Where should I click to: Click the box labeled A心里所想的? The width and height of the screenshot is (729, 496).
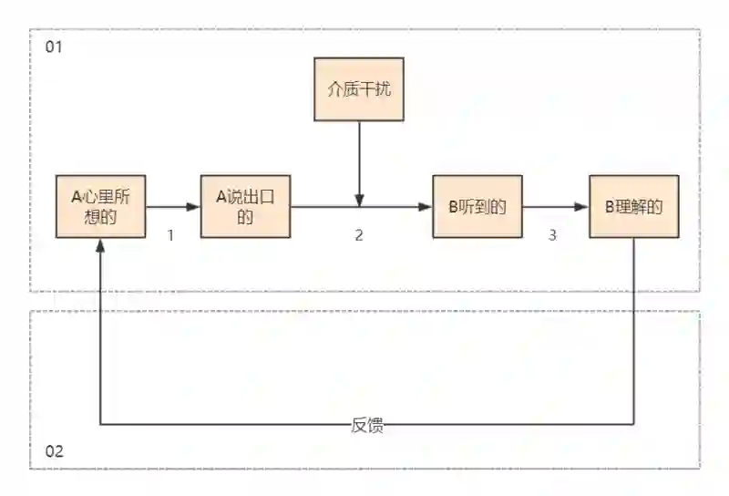coord(100,206)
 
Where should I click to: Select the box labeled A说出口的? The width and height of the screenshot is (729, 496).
coord(244,206)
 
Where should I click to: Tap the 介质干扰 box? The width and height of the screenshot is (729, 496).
coord(358,89)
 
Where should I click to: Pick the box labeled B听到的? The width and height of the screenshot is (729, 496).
coord(477,206)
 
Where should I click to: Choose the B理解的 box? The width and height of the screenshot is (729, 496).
coord(633,206)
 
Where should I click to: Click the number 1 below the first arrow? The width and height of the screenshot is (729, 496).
coord(170,235)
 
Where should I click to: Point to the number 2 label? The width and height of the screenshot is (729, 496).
coord(359,235)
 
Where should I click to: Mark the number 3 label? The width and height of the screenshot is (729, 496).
coord(552,235)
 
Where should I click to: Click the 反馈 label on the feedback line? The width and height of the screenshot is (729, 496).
coord(366,425)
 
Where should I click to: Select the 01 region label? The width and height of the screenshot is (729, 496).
coord(54,46)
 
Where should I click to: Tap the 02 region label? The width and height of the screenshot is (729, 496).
coord(54,451)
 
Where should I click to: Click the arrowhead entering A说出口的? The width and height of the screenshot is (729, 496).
coord(193,207)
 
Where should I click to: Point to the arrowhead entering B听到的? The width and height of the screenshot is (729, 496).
coord(426,207)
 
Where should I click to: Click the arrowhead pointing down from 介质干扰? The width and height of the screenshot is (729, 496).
coord(359,200)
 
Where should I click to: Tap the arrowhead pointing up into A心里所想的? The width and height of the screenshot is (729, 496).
coord(100,244)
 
